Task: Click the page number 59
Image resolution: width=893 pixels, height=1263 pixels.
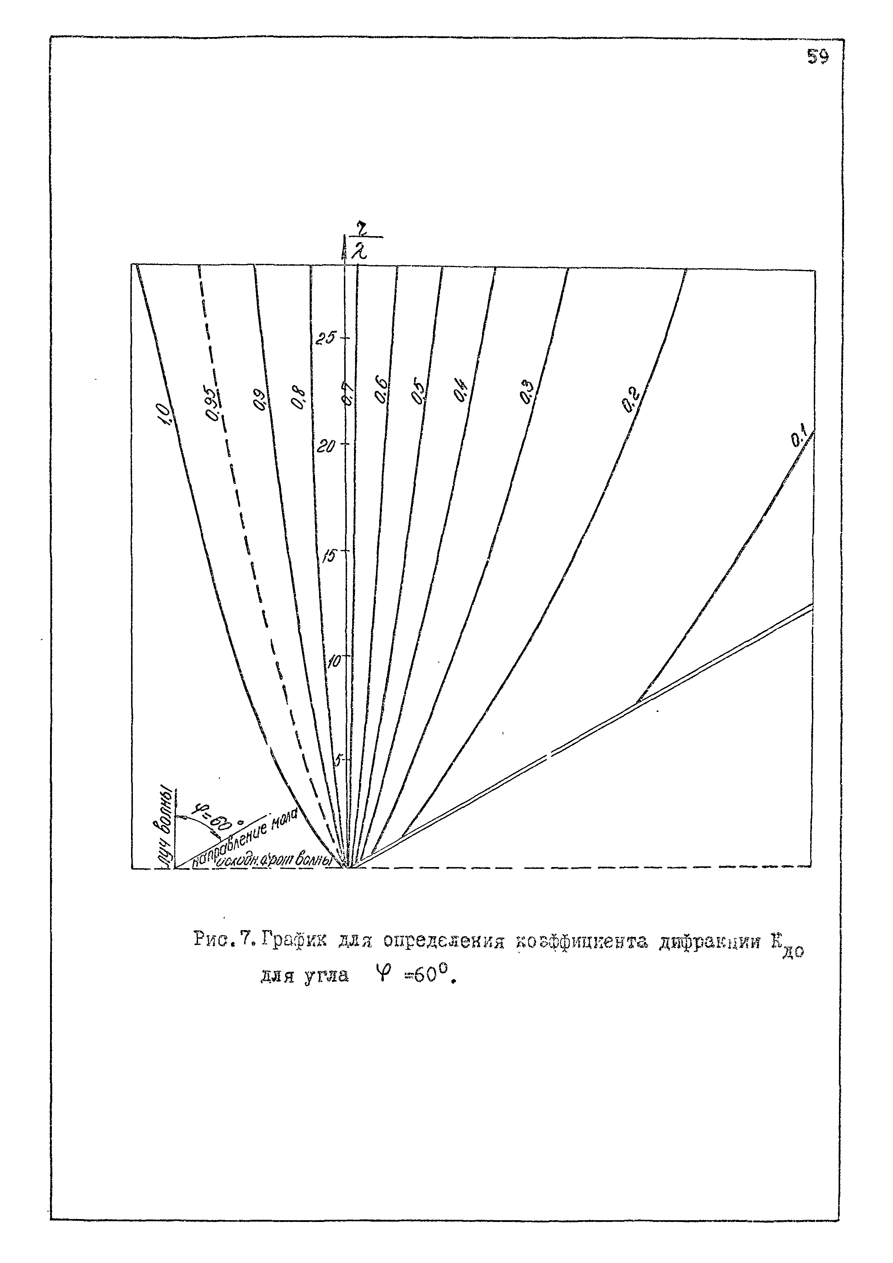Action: coord(818,57)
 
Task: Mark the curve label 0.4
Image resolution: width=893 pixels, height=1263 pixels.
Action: coord(461,392)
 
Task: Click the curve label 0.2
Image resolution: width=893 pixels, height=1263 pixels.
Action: coord(631,401)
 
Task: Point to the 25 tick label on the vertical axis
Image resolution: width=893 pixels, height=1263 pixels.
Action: coord(325,338)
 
